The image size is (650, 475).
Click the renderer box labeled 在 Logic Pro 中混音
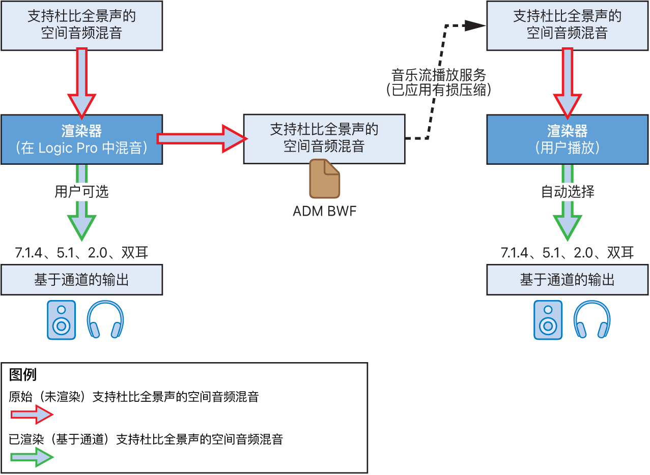point(81,139)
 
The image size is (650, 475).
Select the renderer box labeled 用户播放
point(567,139)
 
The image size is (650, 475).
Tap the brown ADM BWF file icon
point(324,178)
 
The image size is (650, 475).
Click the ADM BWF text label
point(324,211)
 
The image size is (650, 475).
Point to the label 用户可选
point(81,192)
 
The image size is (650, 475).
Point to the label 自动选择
point(567,192)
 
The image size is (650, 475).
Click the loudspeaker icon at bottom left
point(61,320)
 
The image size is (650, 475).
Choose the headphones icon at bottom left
point(105,320)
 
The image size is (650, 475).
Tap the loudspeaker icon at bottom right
point(548,320)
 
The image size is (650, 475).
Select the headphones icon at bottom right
point(592,320)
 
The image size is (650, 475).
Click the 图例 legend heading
point(23,375)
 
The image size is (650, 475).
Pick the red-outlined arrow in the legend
point(32,415)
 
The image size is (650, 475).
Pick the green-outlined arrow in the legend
point(32,458)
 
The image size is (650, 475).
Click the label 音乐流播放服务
point(438,75)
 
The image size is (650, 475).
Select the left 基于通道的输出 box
point(81,280)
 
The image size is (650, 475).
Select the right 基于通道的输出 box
point(567,280)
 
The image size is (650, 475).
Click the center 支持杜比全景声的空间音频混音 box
point(324,138)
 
